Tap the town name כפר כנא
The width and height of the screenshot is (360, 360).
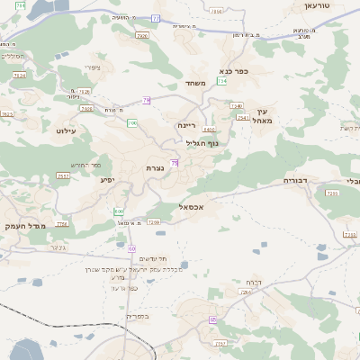click(233, 70)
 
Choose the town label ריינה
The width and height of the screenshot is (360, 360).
click(186, 125)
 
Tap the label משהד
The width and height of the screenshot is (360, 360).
click(196, 84)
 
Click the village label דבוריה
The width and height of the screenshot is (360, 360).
click(296, 181)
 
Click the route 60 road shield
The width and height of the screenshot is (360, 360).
click(131, 247)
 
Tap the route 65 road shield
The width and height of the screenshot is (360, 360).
click(213, 319)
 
